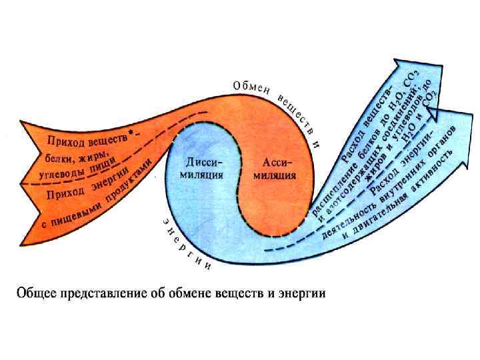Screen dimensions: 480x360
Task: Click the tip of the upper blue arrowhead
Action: pyautogui.click(x=407, y=58)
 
